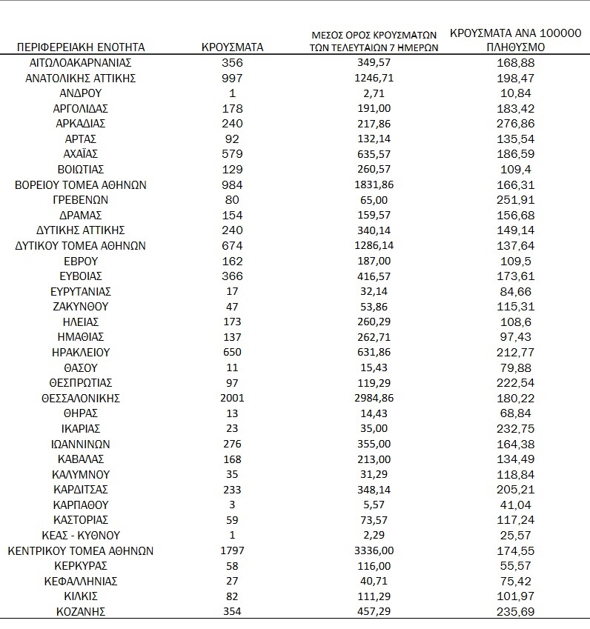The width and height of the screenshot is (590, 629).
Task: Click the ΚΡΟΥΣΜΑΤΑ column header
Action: pos(232,47)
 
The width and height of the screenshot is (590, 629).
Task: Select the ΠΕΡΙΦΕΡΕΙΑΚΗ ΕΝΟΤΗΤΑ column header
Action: pos(80,47)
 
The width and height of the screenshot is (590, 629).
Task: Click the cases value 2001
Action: pos(232,398)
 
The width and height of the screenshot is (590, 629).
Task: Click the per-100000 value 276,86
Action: pos(516,123)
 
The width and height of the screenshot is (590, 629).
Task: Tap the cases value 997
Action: pos(232,77)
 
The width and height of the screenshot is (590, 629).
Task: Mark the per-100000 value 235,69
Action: pos(516,612)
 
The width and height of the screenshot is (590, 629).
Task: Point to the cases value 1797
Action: pos(232,551)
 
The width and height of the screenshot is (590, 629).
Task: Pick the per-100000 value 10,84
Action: pos(516,93)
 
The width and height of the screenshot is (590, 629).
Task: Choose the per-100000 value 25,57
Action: pos(516,536)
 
